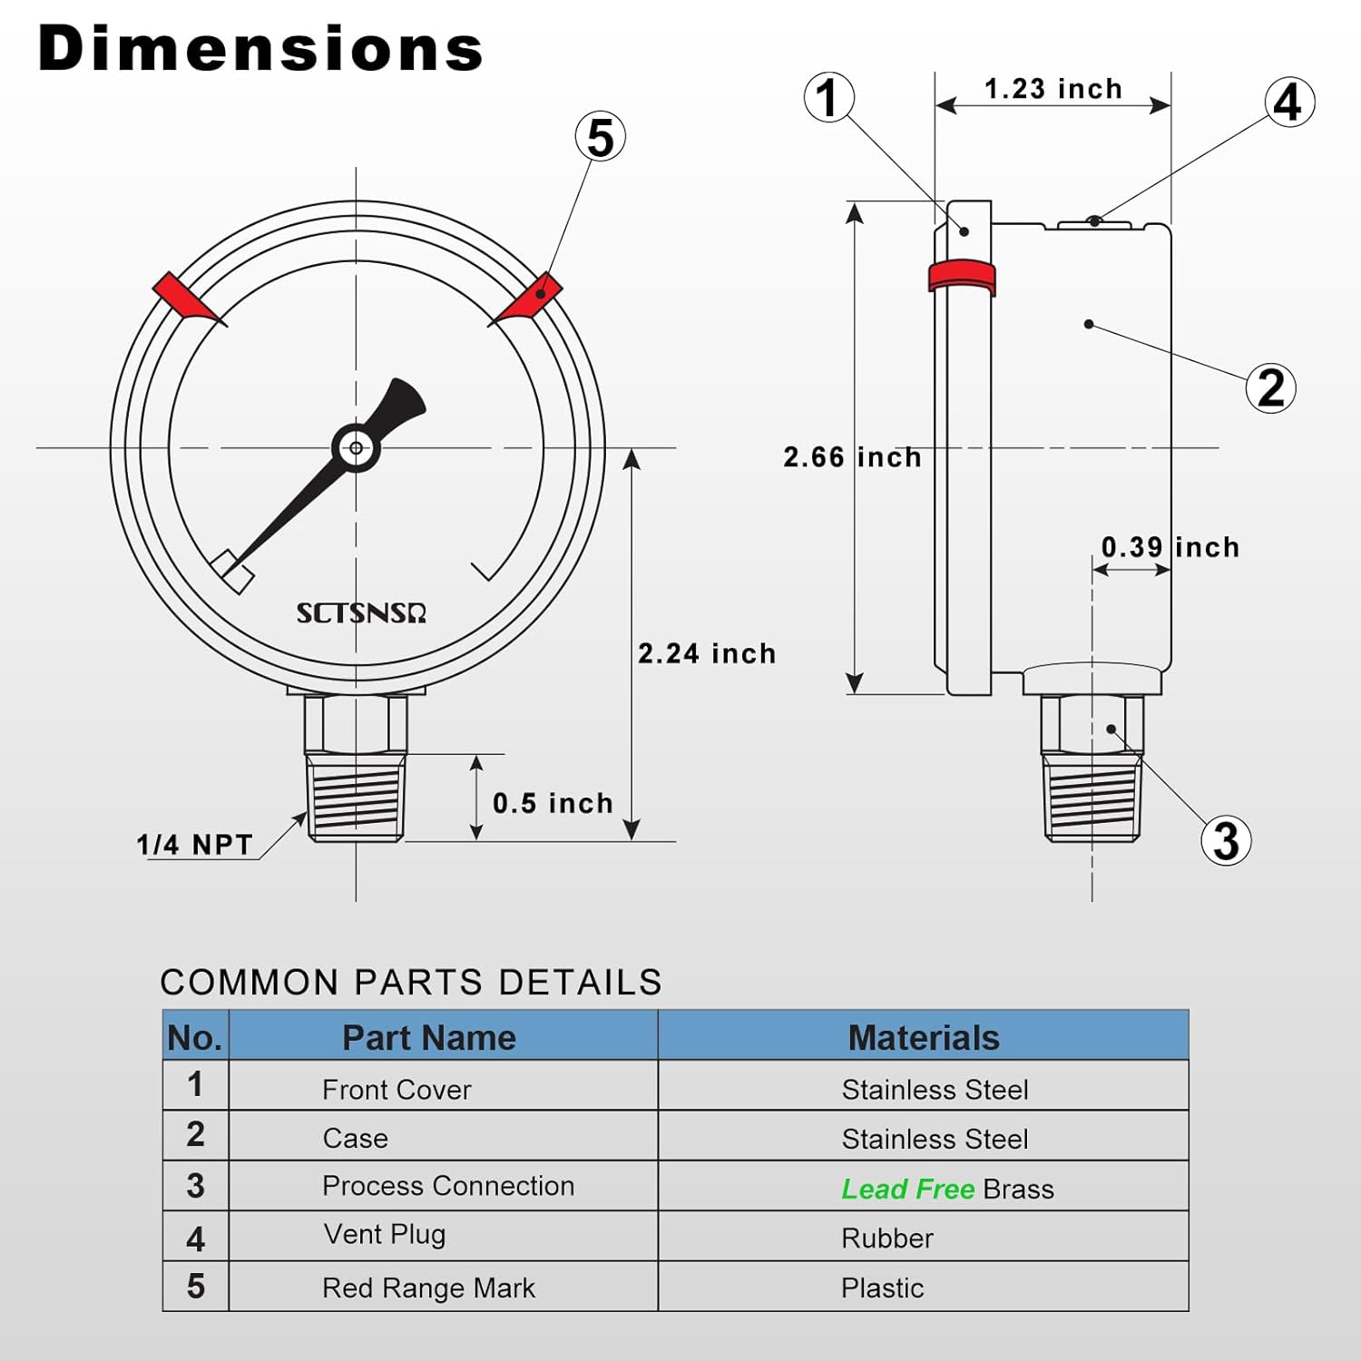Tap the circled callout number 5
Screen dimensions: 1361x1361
click(x=601, y=137)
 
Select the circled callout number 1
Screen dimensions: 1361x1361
click(x=828, y=98)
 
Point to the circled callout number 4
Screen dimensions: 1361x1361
click(x=1289, y=102)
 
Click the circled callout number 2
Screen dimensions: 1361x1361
click(x=1270, y=387)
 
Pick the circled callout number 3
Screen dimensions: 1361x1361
click(x=1226, y=840)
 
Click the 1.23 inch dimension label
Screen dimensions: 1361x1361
click(x=1053, y=89)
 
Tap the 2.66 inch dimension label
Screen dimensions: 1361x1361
click(x=851, y=457)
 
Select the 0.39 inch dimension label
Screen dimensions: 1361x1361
click(x=1170, y=547)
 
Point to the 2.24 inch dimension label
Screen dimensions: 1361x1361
click(x=707, y=653)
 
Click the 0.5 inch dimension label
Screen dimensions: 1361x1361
click(x=553, y=803)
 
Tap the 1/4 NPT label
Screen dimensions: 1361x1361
click(x=194, y=845)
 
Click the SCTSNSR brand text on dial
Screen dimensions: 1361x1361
click(x=361, y=613)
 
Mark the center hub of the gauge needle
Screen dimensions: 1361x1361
click(x=356, y=447)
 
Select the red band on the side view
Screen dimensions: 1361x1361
click(x=961, y=276)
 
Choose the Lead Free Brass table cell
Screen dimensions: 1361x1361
click(x=947, y=1189)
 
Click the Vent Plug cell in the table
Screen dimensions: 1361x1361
click(x=385, y=1234)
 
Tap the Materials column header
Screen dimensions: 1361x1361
click(x=923, y=1037)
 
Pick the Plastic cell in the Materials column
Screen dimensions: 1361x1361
click(x=882, y=1288)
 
